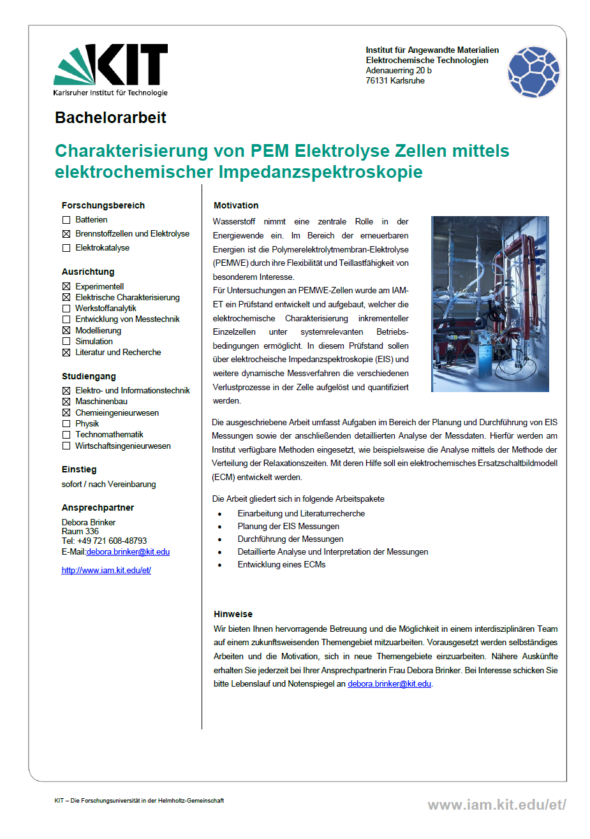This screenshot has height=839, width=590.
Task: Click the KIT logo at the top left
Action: pyautogui.click(x=110, y=69)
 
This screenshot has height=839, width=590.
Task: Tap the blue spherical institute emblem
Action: pyautogui.click(x=533, y=72)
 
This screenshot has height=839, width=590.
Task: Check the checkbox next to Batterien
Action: pyautogui.click(x=66, y=220)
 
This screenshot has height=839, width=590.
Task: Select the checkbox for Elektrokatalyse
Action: pyautogui.click(x=66, y=248)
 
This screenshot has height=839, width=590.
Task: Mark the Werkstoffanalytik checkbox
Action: pyautogui.click(x=66, y=309)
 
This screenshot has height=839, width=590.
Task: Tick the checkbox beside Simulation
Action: pyautogui.click(x=66, y=342)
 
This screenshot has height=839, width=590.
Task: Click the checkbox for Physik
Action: pyautogui.click(x=66, y=424)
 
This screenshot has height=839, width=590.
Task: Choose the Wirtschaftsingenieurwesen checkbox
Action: pyautogui.click(x=66, y=446)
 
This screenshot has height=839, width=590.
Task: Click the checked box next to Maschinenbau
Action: pyautogui.click(x=66, y=402)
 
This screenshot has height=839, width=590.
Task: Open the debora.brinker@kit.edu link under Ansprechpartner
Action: pyautogui.click(x=128, y=552)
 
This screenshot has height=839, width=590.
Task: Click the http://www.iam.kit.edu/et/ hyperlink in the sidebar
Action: pyautogui.click(x=106, y=571)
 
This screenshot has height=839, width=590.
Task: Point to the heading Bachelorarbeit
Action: pyautogui.click(x=110, y=118)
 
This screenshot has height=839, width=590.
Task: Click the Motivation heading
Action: pyautogui.click(x=236, y=205)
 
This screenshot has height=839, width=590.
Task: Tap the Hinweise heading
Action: pyautogui.click(x=233, y=614)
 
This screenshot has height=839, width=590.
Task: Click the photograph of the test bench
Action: pyautogui.click(x=490, y=304)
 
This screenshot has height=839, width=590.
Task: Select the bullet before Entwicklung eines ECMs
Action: pyautogui.click(x=219, y=565)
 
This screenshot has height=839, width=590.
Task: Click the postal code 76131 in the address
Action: pyautogui.click(x=376, y=81)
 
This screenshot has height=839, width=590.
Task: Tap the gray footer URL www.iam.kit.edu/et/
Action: pyautogui.click(x=496, y=805)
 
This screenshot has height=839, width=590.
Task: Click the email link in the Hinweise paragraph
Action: pyautogui.click(x=389, y=684)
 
